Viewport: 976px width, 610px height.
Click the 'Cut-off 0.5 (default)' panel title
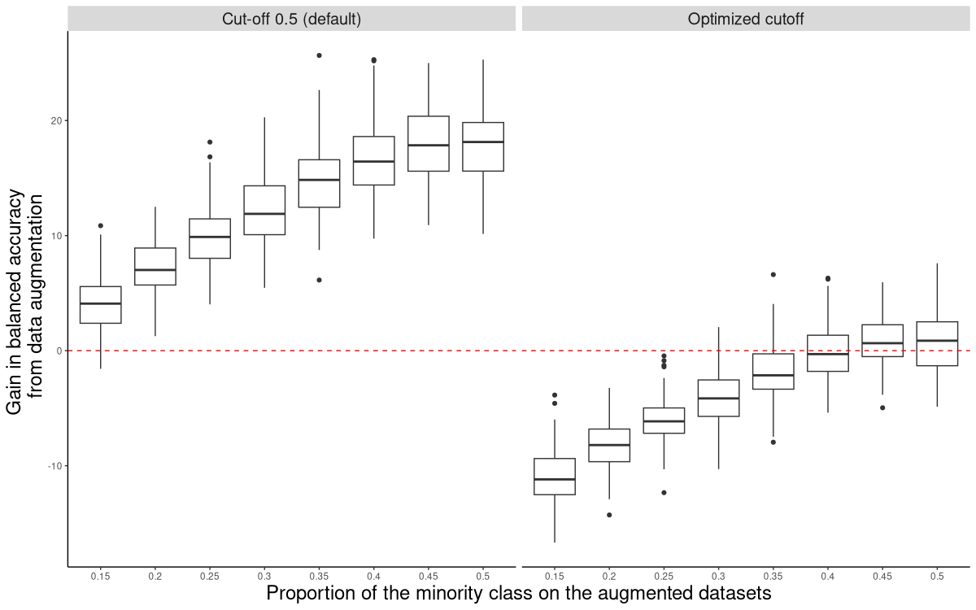click(x=291, y=19)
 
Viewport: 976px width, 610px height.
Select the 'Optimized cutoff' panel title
click(x=745, y=19)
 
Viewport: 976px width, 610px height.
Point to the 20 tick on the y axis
click(x=58, y=120)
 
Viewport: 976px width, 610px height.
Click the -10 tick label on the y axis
click(x=55, y=465)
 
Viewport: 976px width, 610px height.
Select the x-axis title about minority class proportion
click(x=518, y=593)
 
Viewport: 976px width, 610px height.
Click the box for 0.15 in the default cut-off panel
click(x=100, y=304)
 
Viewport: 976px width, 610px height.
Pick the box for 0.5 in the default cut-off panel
click(x=483, y=146)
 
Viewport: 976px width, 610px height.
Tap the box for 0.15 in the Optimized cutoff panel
click(x=554, y=477)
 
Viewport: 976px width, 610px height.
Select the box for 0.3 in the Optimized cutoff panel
click(x=718, y=398)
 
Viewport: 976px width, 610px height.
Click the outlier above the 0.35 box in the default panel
click(x=319, y=55)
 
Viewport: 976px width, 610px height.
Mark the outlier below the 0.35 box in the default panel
click(x=319, y=280)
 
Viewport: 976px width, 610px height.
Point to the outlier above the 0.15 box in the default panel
click(x=100, y=225)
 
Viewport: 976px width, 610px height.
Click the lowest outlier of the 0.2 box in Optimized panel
click(x=609, y=515)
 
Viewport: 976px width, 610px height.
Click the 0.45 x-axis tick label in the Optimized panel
click(x=882, y=575)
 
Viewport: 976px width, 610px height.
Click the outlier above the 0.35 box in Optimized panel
click(x=773, y=274)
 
